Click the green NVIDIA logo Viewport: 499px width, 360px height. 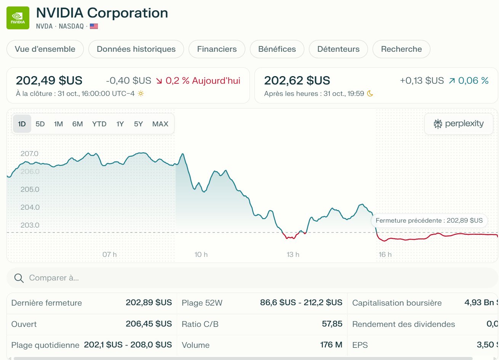click(18, 18)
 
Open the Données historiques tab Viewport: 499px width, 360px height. click(136, 49)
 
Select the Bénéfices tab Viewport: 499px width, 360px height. click(277, 49)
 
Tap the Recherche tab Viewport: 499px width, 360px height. click(401, 49)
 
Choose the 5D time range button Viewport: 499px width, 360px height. click(40, 124)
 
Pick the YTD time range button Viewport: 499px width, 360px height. click(99, 124)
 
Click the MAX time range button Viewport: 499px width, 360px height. click(160, 124)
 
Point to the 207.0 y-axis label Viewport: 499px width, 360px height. click(29, 154)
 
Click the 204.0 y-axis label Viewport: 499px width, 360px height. click(30, 207)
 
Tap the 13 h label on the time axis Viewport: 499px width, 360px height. click(293, 255)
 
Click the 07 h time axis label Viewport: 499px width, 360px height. click(110, 255)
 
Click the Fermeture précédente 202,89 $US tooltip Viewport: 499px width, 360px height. click(429, 220)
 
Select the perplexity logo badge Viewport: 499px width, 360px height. click(459, 124)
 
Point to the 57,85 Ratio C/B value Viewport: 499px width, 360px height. click(332, 324)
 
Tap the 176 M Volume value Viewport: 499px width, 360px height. click(331, 345)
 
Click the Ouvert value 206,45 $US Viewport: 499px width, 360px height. click(149, 324)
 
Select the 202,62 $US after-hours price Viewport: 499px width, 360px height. click(297, 81)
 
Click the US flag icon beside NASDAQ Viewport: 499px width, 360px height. click(94, 26)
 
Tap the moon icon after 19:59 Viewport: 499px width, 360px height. click(370, 94)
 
